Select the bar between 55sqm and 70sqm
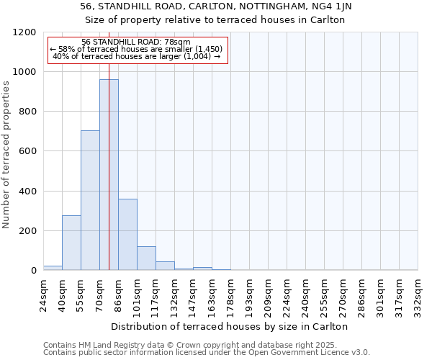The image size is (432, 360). [90, 200]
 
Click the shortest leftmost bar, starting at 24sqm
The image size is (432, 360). [53, 267]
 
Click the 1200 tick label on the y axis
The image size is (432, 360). [24, 32]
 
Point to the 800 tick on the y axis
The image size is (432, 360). [27, 112]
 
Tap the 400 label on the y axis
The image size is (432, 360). [27, 192]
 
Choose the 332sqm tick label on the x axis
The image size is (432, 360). [418, 294]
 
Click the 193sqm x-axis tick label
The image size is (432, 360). [249, 294]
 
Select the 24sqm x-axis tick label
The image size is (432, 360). [43, 294]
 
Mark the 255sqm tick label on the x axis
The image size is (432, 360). [324, 294]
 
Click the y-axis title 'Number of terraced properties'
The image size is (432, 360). [6, 155]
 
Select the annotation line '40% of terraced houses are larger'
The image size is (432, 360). [137, 56]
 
